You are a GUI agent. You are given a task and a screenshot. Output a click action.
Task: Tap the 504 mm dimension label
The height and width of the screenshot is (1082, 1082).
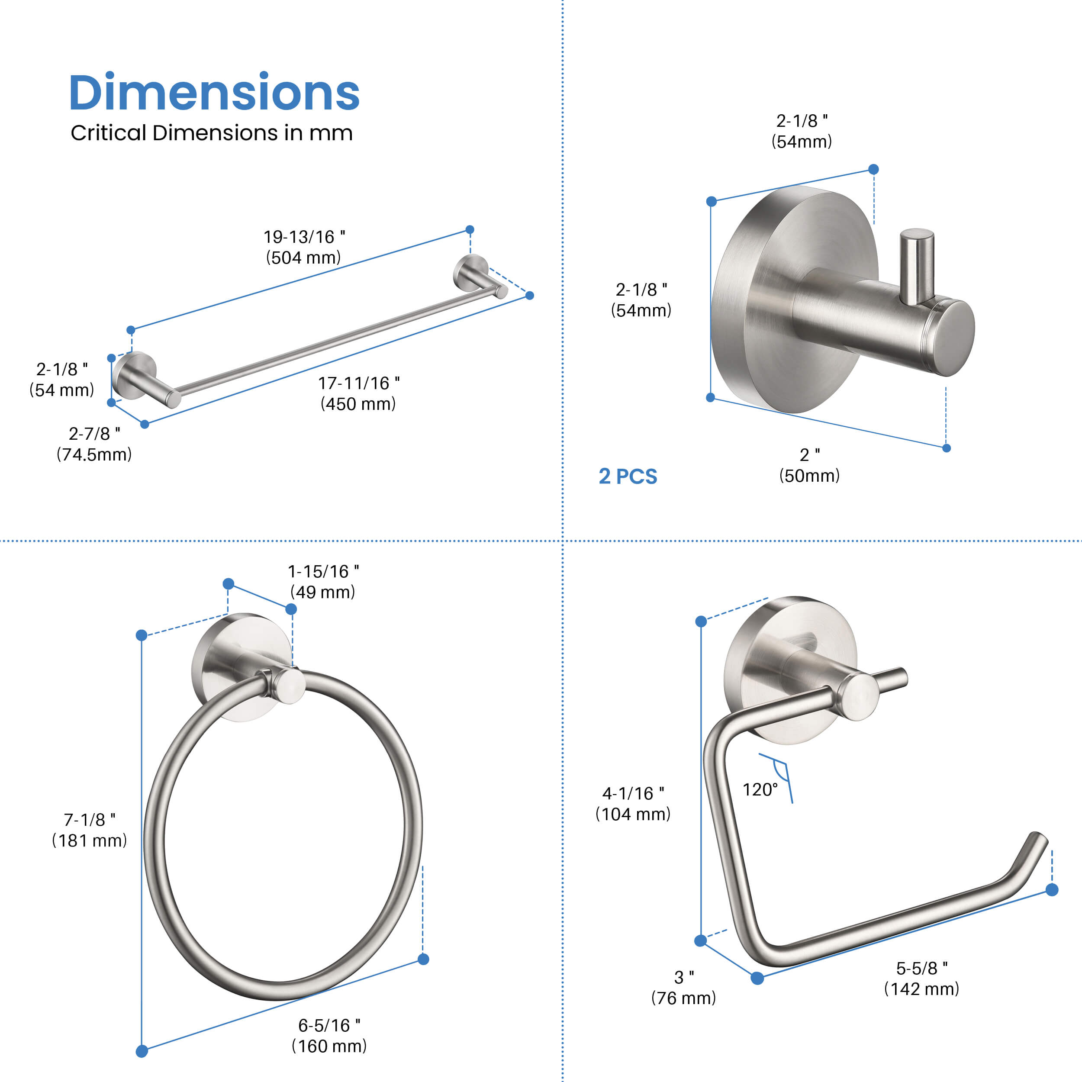click(x=303, y=258)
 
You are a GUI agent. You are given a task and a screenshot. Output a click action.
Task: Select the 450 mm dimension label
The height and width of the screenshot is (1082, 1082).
click(x=358, y=404)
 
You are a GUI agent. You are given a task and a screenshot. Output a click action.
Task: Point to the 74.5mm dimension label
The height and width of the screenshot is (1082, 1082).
click(x=94, y=454)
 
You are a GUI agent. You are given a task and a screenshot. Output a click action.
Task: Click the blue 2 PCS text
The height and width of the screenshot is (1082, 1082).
click(x=628, y=477)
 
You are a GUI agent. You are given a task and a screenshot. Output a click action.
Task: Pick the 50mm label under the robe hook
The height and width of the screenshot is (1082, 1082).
click(x=809, y=476)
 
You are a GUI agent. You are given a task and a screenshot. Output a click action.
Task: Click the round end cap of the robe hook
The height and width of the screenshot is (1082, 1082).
click(x=956, y=338)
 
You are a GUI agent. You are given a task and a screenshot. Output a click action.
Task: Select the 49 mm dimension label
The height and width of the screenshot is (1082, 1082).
click(x=322, y=592)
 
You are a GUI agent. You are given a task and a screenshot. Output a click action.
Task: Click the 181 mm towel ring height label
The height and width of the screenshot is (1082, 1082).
click(x=90, y=840)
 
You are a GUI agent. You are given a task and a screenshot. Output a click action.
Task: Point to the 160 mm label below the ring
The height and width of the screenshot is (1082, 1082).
click(x=329, y=1046)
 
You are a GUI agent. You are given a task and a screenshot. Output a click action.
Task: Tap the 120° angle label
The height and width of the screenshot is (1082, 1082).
click(x=760, y=790)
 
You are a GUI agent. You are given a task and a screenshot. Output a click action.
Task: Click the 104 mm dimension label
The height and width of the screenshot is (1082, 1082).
click(x=633, y=814)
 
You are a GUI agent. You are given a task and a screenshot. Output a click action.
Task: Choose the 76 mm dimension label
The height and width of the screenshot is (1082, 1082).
click(x=683, y=998)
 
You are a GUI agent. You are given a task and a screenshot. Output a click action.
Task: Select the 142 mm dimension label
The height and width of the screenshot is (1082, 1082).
click(x=921, y=989)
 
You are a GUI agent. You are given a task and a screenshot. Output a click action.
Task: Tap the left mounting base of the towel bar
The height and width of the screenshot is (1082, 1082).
click(x=133, y=375)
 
